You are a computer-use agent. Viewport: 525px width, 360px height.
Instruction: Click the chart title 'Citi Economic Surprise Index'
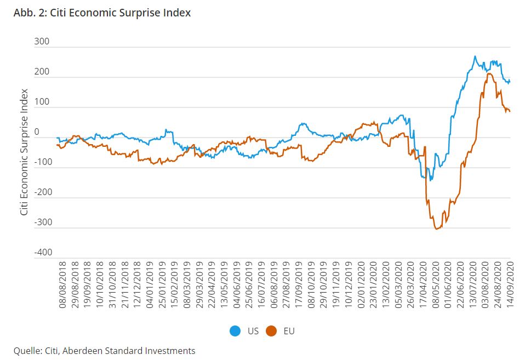click(121, 13)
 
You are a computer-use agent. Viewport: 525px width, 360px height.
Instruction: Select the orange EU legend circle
click(271, 331)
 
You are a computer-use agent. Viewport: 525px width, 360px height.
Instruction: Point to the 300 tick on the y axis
click(42, 42)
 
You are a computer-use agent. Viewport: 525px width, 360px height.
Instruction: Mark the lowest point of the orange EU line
click(437, 228)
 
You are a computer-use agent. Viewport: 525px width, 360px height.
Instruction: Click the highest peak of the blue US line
click(475, 56)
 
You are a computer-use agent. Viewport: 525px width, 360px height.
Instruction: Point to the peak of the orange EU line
click(489, 73)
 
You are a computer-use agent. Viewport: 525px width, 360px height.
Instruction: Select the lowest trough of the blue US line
click(431, 180)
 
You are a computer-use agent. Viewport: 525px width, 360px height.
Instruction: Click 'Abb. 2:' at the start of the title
click(30, 13)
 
